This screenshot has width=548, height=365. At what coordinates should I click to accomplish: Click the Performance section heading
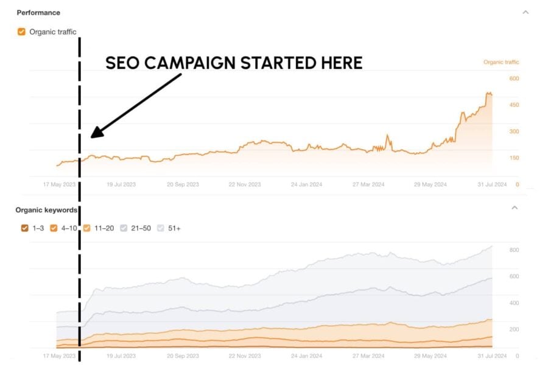pyautogui.click(x=38, y=12)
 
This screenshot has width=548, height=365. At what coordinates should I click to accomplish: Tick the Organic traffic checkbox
pyautogui.click(x=21, y=32)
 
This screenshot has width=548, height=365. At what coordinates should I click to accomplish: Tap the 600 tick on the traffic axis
pyautogui.click(x=514, y=78)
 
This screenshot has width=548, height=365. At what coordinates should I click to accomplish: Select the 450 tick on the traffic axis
pyautogui.click(x=514, y=105)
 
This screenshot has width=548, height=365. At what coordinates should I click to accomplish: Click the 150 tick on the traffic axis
pyautogui.click(x=514, y=158)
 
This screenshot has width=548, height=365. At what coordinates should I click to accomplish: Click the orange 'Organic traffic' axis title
pyautogui.click(x=501, y=62)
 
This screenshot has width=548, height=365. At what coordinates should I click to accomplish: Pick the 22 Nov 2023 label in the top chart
pyautogui.click(x=244, y=184)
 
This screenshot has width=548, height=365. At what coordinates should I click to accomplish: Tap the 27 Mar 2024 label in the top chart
pyautogui.click(x=369, y=184)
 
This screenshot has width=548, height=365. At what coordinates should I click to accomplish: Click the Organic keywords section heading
pyautogui.click(x=46, y=210)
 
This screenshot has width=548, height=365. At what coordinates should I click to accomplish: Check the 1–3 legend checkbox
pyautogui.click(x=24, y=228)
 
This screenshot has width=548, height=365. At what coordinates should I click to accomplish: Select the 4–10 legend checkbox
pyautogui.click(x=54, y=228)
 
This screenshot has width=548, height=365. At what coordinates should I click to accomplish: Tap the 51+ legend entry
pyautogui.click(x=169, y=228)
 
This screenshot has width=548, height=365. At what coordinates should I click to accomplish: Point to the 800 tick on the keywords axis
pyautogui.click(x=514, y=250)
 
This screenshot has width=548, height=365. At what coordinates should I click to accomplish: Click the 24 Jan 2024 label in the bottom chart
pyautogui.click(x=306, y=356)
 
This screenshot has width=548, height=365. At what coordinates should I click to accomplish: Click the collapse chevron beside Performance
pyautogui.click(x=525, y=12)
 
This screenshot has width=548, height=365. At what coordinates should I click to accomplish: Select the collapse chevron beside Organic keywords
pyautogui.click(x=515, y=208)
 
